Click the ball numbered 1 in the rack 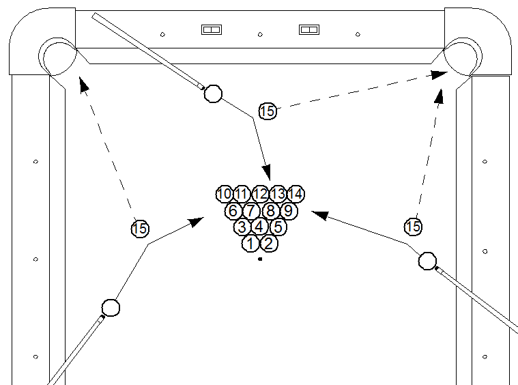tap(250, 243)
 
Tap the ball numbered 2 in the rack tap(268, 243)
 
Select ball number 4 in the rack tap(259, 227)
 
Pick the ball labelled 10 tap(224, 194)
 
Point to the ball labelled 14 tap(295, 194)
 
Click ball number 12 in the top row tap(260, 194)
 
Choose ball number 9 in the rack tap(287, 210)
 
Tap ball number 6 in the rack tap(233, 210)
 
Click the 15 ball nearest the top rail tap(268, 111)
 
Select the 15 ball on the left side tap(140, 229)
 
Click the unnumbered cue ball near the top tap(213, 93)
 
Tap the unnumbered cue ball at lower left tap(111, 307)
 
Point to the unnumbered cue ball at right tap(427, 260)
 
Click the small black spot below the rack tap(260, 259)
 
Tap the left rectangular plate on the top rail tap(212, 29)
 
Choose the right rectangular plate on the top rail tap(311, 29)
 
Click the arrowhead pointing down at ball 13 tap(268, 173)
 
